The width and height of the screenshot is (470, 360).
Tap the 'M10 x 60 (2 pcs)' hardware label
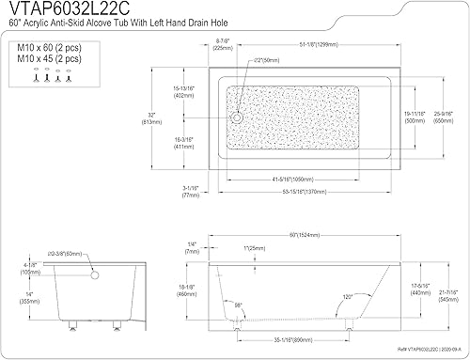pos(41,45)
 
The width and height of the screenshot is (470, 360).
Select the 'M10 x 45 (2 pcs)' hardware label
pos(41,55)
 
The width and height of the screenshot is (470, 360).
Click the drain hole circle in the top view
pos(237,117)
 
